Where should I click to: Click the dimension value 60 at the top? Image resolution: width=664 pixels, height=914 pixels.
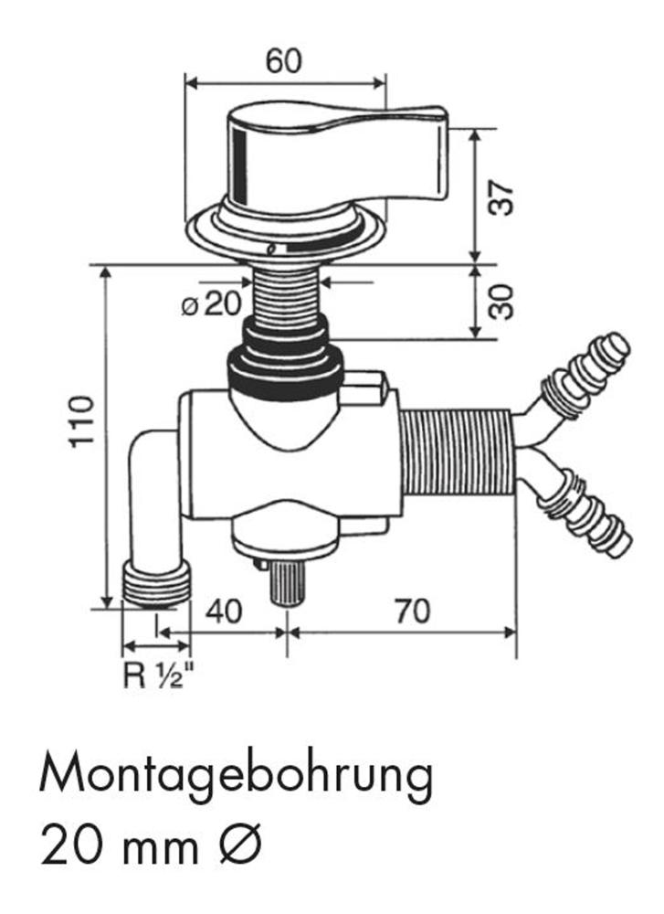(283, 61)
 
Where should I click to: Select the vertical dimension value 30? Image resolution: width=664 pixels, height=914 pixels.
(501, 301)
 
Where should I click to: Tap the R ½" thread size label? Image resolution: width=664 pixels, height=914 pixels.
(157, 676)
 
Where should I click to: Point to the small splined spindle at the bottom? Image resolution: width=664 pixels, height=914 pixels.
(287, 581)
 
